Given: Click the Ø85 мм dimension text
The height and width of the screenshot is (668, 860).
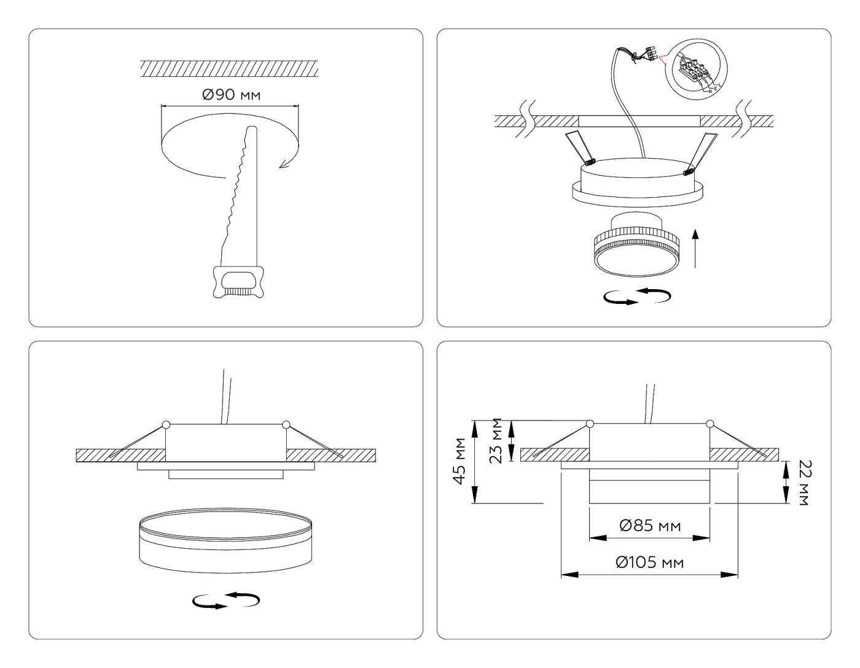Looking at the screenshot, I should [650, 526].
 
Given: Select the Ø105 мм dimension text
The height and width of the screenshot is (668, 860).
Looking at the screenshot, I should [650, 562].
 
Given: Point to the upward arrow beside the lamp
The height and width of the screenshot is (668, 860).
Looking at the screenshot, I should [695, 248].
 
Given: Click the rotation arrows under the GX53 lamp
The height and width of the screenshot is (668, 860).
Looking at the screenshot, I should [637, 297].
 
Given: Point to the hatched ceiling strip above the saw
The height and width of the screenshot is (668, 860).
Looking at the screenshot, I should [229, 68].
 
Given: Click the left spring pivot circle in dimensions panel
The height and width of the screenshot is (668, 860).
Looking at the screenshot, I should [590, 424].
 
